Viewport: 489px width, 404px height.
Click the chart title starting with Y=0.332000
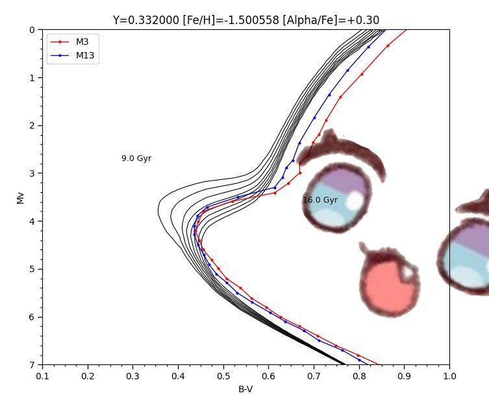[x=245, y=20]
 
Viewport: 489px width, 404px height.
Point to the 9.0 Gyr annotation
[x=136, y=158]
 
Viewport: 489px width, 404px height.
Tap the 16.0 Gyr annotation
[x=320, y=200]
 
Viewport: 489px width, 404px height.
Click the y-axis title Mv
[x=21, y=197]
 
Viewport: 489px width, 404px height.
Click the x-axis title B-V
[x=245, y=390]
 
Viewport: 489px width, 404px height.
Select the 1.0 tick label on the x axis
[x=449, y=375]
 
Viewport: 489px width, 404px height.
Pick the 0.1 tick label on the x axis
[x=42, y=375]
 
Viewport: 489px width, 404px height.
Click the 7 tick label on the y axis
[x=32, y=365]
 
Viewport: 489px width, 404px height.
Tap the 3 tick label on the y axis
[x=32, y=173]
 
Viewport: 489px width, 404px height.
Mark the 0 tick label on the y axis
[x=32, y=30]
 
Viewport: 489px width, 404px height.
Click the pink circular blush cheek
[x=389, y=286]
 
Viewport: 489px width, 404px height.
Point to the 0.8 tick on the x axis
[x=359, y=375]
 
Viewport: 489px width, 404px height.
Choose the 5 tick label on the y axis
[x=32, y=269]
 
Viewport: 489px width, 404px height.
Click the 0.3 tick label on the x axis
[x=132, y=375]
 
